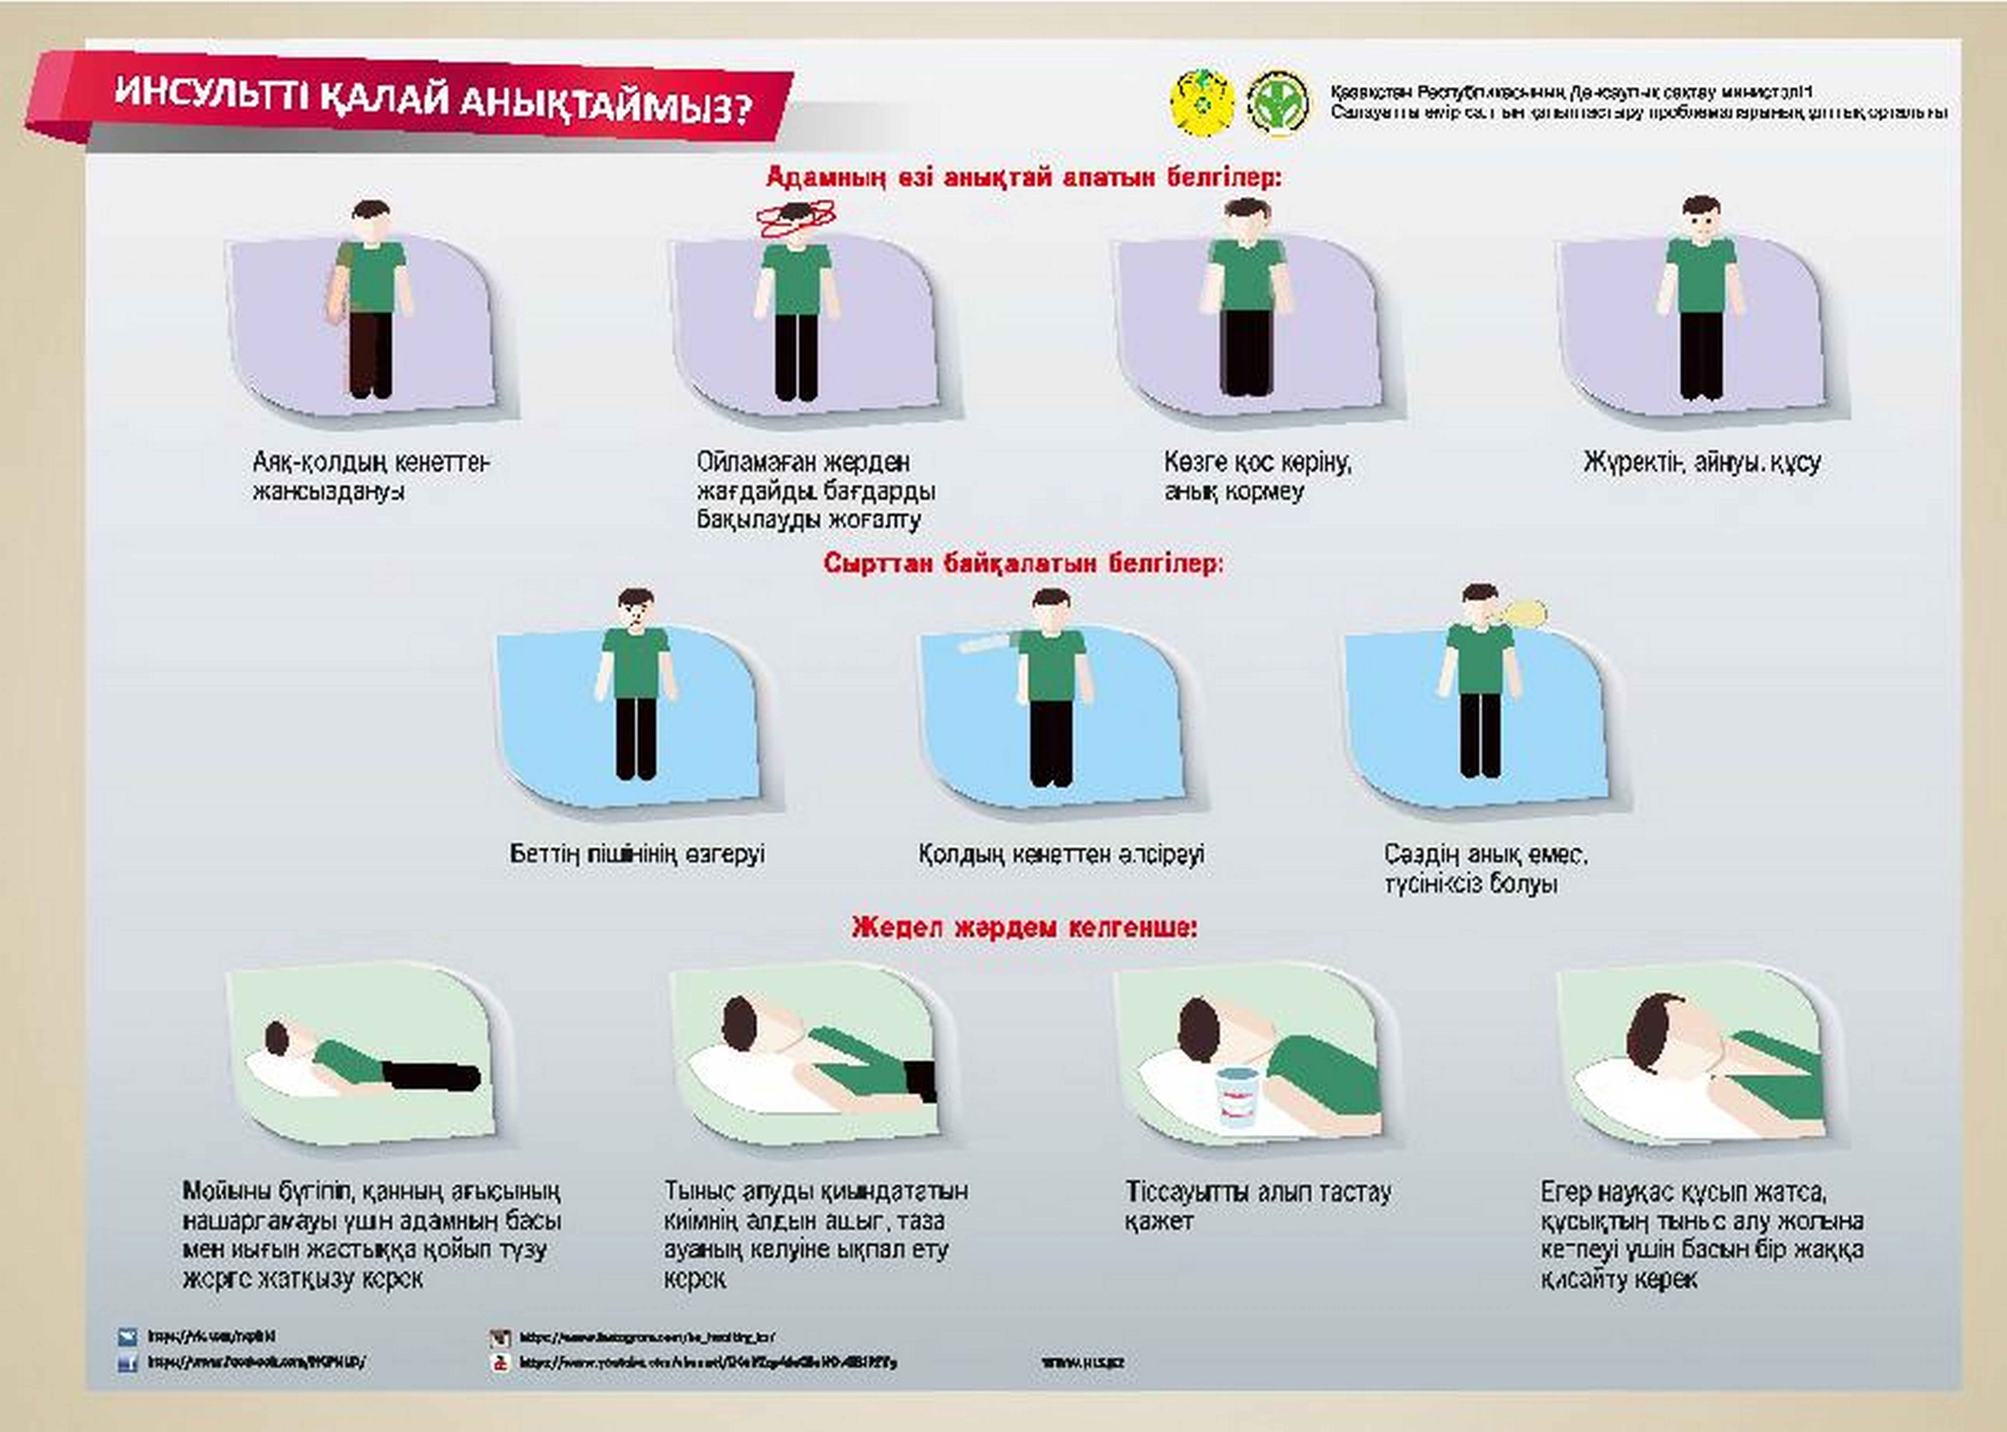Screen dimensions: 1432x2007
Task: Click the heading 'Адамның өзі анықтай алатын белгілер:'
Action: pyautogui.click(x=1023, y=177)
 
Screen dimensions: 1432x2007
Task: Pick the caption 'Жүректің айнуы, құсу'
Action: pyautogui.click(x=1702, y=462)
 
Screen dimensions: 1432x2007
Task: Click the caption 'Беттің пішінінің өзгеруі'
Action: pyautogui.click(x=637, y=854)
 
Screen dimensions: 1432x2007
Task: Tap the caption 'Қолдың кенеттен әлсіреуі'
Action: pyautogui.click(x=1061, y=854)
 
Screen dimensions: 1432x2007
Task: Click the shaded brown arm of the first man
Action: pyautogui.click(x=340, y=282)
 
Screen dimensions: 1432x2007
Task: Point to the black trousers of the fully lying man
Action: pyautogui.click(x=432, y=1076)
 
